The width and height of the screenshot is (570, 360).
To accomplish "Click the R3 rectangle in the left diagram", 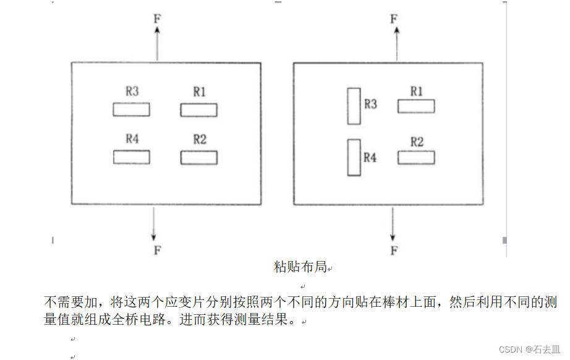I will (x=131, y=109).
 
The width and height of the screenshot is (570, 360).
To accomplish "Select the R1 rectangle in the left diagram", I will (x=198, y=110).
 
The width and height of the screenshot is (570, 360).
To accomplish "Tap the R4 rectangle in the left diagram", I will (x=131, y=157).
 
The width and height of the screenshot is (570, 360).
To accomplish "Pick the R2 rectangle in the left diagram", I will (x=198, y=158).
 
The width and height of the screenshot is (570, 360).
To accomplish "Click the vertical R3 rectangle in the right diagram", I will (x=354, y=106).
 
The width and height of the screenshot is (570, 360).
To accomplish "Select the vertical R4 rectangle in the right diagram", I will (x=354, y=157).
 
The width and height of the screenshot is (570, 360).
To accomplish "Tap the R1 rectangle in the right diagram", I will (x=416, y=106).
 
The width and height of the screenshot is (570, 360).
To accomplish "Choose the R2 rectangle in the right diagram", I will (x=416, y=158).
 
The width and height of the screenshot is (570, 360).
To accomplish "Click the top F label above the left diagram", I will (x=157, y=18).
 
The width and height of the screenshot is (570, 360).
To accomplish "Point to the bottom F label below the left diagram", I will (x=157, y=250).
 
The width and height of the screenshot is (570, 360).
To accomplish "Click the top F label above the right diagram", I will (x=393, y=18).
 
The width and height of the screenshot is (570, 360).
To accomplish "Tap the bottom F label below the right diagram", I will (x=393, y=250).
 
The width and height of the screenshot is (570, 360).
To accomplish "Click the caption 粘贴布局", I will (x=300, y=267).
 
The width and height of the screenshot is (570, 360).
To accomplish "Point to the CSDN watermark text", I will (x=530, y=349).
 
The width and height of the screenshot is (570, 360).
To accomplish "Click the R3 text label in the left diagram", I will (x=132, y=92).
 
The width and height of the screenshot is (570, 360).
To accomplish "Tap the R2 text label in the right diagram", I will (x=417, y=142).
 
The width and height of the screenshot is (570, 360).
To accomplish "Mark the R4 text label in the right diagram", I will (x=370, y=158).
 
